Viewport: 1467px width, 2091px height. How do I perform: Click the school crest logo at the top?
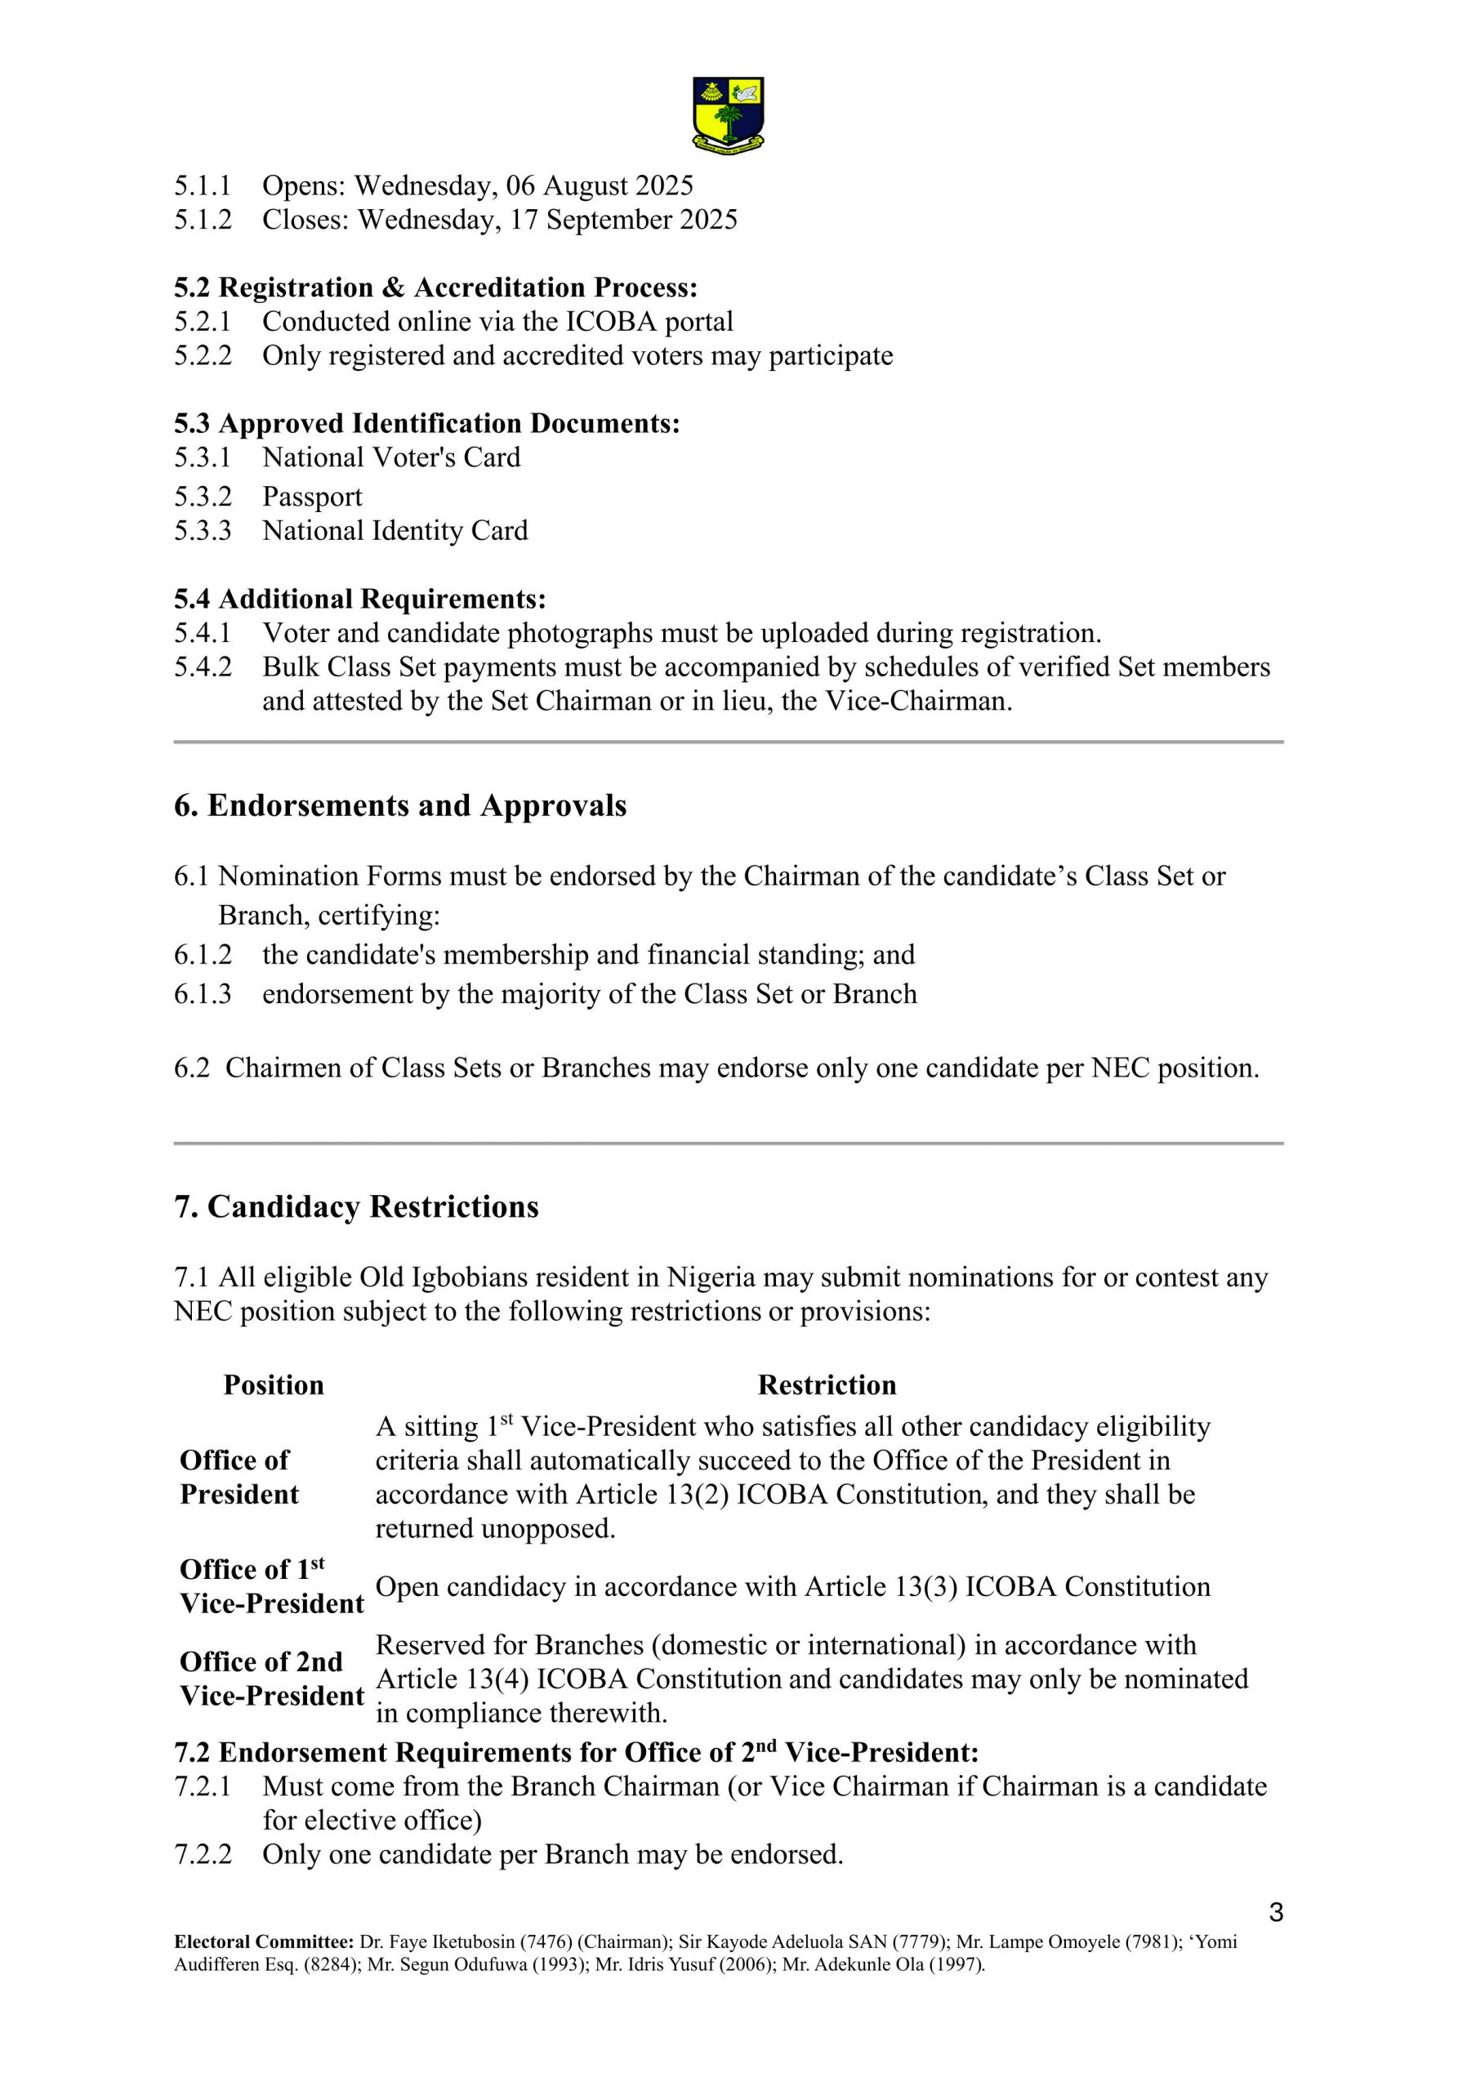[x=728, y=113]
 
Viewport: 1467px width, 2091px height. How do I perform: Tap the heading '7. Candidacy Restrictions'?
[x=356, y=1206]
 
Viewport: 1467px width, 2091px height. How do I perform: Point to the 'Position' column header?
[x=273, y=1385]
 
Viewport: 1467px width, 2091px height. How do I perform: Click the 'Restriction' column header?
[x=826, y=1385]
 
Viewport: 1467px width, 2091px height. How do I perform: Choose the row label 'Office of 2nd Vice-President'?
[x=271, y=1679]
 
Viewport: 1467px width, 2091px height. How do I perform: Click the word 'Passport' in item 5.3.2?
[x=312, y=497]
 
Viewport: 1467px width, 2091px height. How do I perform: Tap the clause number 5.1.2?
[x=203, y=221]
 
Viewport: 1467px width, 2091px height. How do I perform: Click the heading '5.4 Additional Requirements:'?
[x=359, y=600]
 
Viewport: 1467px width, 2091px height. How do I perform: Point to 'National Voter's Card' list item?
[x=391, y=457]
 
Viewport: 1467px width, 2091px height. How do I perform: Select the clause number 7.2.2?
[x=203, y=1854]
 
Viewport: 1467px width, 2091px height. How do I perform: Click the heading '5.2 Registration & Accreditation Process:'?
[x=435, y=288]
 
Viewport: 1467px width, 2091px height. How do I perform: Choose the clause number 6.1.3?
[x=203, y=993]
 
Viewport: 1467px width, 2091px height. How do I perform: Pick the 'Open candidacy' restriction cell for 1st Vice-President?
[x=792, y=1586]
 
